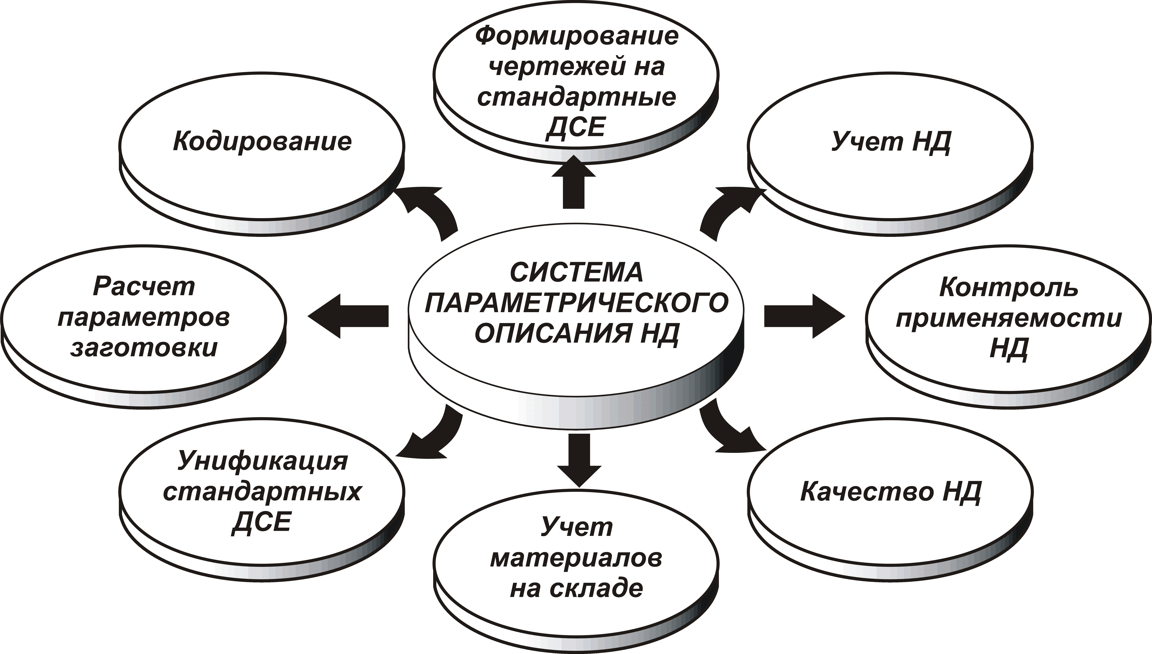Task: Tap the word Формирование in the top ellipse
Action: point(577,36)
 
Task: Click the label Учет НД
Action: point(891,142)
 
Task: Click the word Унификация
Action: point(263,461)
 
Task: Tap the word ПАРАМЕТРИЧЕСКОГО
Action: point(577,303)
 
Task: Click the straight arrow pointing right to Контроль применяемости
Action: point(805,316)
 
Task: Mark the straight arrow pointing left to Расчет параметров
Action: point(348,316)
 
